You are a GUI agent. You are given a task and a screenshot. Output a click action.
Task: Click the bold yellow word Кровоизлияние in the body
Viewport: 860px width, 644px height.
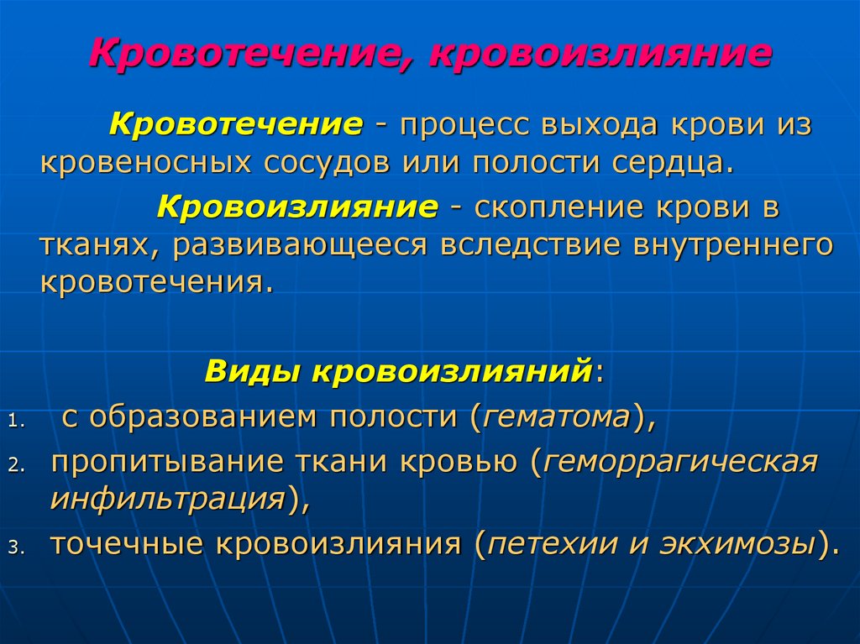pos(297,207)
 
